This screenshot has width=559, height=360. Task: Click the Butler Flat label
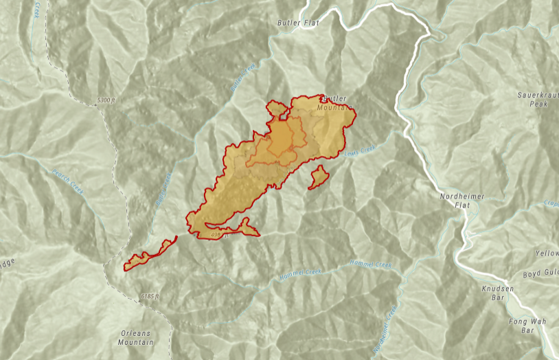click(x=299, y=23)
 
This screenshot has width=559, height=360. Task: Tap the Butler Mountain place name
click(x=336, y=103)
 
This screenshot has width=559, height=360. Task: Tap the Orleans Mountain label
click(x=135, y=337)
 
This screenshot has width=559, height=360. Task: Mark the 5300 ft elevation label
click(x=106, y=100)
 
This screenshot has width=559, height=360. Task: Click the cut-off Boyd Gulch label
click(x=540, y=275)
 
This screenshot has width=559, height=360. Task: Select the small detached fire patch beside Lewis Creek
click(x=318, y=177)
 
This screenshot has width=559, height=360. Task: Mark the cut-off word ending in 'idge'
click(x=7, y=262)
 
